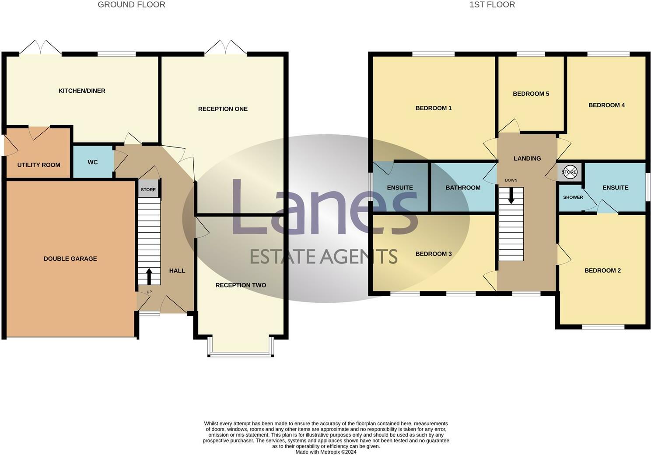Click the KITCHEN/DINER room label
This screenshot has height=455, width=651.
point(82,91)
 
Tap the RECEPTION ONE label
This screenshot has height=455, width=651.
point(223,109)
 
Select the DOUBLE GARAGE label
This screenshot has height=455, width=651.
point(70,259)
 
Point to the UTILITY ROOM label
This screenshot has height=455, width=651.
point(38,165)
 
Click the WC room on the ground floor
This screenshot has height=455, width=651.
point(93,162)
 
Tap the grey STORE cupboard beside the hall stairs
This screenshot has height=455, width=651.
point(148,189)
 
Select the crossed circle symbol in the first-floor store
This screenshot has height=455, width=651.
point(569,172)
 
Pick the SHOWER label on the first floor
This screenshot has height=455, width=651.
point(573,197)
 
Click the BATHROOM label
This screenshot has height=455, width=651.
point(463,188)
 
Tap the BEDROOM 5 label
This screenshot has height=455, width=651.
point(531,94)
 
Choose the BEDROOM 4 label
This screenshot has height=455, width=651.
point(606,105)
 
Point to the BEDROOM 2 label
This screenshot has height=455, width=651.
point(602,270)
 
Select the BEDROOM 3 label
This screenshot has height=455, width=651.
point(433,254)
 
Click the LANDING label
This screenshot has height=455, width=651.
point(527,158)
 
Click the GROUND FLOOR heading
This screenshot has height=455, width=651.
point(131,5)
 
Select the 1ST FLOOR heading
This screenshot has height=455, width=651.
point(492,5)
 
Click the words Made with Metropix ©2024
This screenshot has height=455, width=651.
point(325,452)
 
